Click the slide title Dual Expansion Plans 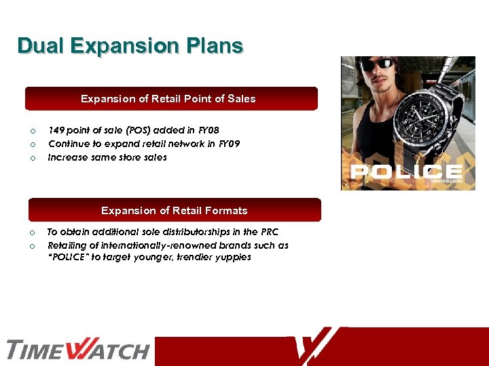130,46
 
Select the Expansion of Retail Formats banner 174,211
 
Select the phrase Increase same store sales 107,157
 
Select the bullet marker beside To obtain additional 31,232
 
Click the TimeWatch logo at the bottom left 77,350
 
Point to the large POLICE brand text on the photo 407,171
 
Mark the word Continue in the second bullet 68,144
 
